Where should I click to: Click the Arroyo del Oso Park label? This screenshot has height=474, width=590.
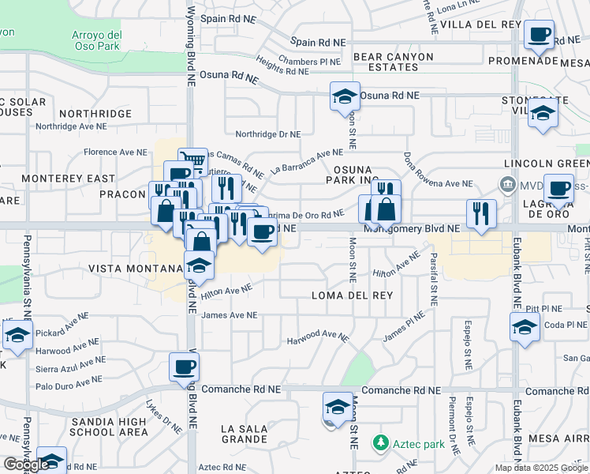(97, 40)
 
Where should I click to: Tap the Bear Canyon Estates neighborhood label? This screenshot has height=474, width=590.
(394, 62)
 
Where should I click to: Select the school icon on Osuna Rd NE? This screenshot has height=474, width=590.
(345, 96)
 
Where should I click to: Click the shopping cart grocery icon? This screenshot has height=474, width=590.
(192, 162)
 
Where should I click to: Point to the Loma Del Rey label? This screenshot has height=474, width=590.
(352, 295)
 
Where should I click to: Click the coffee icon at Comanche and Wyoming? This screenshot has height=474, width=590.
(184, 367)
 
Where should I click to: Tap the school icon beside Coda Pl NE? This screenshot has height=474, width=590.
(525, 327)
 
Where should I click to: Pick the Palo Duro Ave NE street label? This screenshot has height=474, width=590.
(72, 386)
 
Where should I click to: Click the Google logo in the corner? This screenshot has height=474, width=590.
(26, 465)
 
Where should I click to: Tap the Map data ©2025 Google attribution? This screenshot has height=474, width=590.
(541, 468)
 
